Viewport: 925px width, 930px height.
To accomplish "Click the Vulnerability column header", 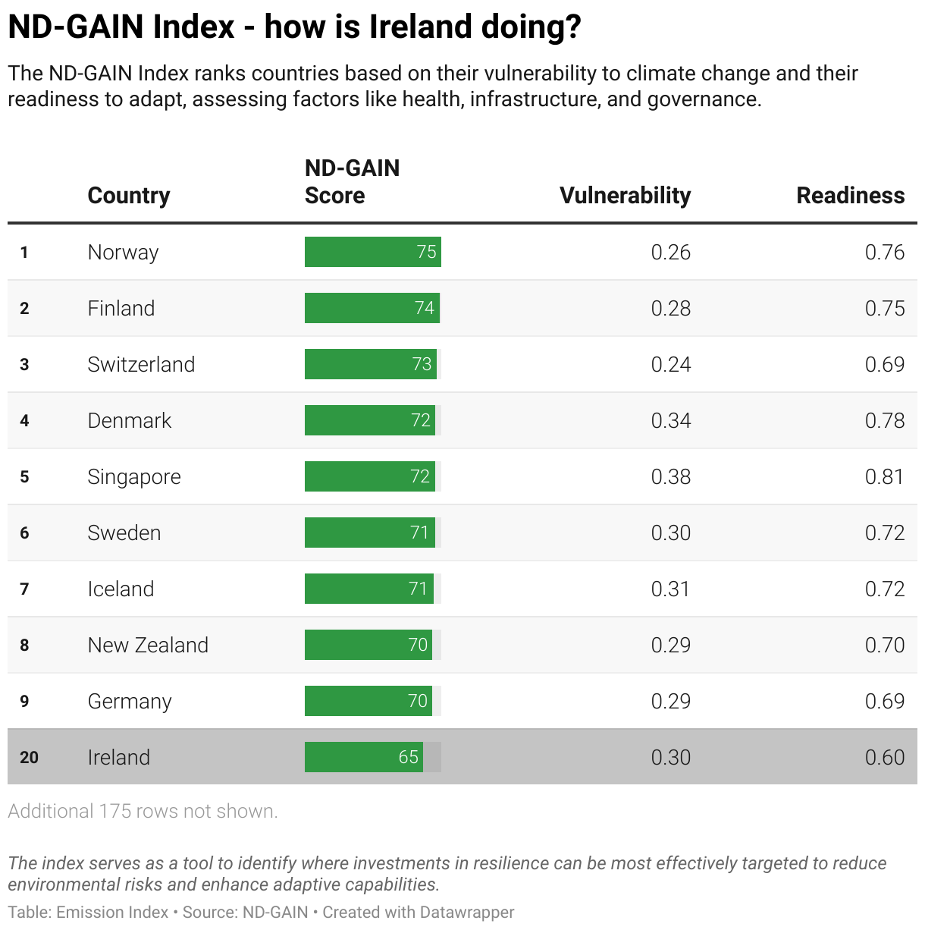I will coord(625,196).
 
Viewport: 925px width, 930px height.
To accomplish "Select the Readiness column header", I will coord(850,196).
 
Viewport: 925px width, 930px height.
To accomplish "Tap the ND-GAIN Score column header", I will coord(352,182).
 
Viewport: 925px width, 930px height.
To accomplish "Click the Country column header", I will coord(129,196).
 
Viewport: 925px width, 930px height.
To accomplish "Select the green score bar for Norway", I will coord(372,252).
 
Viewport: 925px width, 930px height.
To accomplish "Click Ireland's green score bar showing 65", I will coord(363,757).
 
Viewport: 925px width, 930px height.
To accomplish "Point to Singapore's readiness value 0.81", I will coord(884,476).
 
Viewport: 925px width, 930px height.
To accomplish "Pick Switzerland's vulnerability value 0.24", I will coord(670,364).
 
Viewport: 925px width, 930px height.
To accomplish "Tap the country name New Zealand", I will coord(148,645).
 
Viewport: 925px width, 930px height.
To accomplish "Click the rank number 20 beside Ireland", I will coord(29,757).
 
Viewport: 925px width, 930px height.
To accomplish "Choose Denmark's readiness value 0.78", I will coord(884,420).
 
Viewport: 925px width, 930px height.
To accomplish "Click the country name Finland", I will coord(121,308).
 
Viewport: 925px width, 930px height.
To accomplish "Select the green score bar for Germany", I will coord(368,701).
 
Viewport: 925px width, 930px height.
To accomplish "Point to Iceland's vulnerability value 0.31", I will coord(670,589).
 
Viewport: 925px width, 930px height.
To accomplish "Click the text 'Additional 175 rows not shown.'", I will coord(143,811).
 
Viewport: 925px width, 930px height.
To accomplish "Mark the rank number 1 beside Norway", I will coord(24,252).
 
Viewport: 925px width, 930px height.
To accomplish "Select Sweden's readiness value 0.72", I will coord(884,533).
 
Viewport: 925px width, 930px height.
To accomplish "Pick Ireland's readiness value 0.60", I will coord(884,757).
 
